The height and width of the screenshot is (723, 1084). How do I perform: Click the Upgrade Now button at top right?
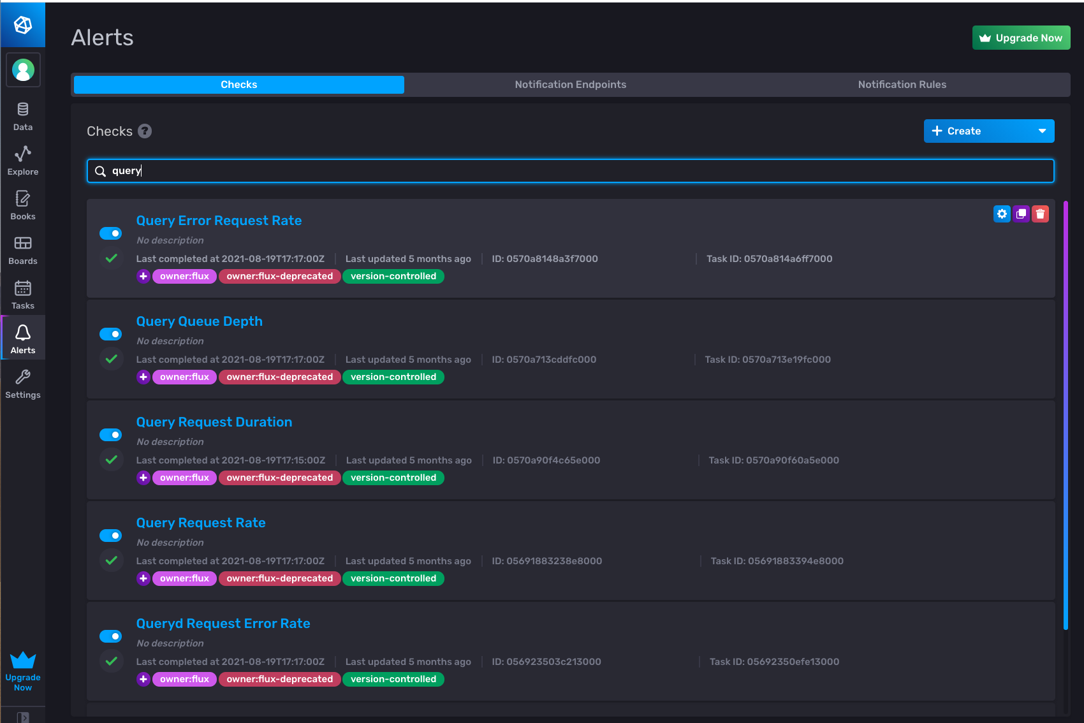pos(1021,38)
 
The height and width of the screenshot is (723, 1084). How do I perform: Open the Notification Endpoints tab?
pos(570,85)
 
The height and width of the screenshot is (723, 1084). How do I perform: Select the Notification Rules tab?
pos(902,85)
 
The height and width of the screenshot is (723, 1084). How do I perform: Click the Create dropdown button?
pos(988,131)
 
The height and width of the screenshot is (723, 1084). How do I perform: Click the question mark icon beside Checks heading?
pos(145,131)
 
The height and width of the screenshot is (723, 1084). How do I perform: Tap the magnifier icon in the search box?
pos(100,171)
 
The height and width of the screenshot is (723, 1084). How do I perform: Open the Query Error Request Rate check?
pos(219,221)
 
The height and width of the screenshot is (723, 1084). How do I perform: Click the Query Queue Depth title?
pos(199,321)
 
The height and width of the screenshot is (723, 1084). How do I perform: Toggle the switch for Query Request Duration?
pos(111,435)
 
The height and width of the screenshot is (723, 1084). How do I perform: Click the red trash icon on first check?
pos(1040,214)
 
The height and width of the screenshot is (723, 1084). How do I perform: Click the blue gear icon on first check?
pos(1002,214)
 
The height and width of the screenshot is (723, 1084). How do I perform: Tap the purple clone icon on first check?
pos(1021,214)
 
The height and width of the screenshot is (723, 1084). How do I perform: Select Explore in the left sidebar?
pos(23,160)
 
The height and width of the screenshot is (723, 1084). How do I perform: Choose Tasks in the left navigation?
pos(23,294)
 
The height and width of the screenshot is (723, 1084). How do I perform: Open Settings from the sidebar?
pos(23,383)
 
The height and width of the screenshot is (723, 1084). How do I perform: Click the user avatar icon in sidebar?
pos(23,70)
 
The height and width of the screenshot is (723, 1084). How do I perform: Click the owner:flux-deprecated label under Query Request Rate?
pos(279,578)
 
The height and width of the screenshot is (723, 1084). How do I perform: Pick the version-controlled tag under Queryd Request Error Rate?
pos(393,679)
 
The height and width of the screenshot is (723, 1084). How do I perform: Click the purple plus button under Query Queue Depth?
pos(143,377)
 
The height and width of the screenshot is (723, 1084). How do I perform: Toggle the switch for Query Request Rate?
pos(111,536)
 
